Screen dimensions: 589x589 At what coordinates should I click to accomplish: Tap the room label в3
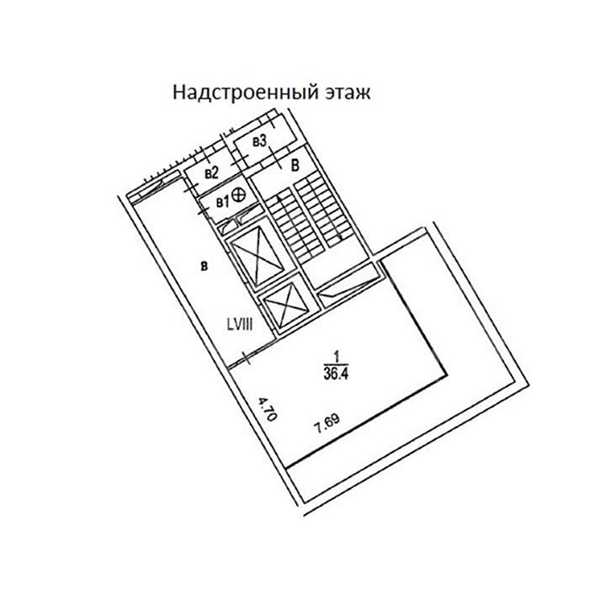pos(259,141)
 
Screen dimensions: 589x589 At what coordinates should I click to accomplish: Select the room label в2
pos(211,172)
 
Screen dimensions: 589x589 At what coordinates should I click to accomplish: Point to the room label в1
pos(222,203)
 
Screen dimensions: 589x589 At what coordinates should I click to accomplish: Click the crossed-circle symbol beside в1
pos(239,194)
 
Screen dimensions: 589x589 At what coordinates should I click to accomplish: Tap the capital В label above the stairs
pos(295,165)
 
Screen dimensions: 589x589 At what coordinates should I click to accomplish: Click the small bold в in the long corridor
pos(204,267)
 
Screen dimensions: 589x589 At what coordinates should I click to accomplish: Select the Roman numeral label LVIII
pos(240,324)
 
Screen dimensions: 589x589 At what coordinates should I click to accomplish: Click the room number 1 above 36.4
pos(337,355)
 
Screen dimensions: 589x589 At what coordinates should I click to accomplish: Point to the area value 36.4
pos(337,374)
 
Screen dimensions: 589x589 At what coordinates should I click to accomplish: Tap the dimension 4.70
pos(268,411)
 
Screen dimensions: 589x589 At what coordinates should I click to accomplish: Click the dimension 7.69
pos(327,423)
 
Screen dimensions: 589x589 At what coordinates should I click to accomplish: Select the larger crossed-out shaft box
pos(257,257)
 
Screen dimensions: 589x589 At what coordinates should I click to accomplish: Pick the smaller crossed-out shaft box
pos(286,303)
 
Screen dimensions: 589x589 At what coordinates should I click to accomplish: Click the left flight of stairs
pos(295,225)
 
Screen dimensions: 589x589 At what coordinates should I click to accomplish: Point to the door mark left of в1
pos(203,210)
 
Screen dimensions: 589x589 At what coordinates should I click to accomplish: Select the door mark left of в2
pos(191,186)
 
